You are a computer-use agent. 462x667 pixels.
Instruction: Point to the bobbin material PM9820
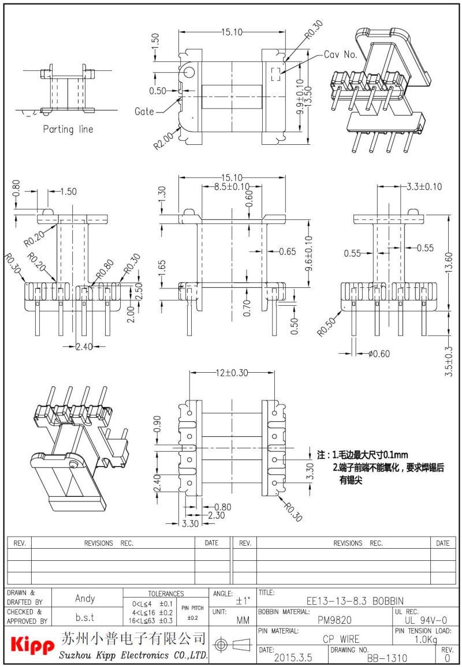tap(334, 620)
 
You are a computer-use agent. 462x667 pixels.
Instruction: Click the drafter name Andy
tap(85, 598)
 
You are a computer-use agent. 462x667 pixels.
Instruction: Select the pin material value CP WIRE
tap(341, 639)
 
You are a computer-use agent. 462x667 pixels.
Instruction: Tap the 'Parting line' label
tap(68, 129)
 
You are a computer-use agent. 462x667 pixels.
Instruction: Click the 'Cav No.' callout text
tap(341, 55)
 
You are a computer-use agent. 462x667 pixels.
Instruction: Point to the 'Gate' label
tap(144, 111)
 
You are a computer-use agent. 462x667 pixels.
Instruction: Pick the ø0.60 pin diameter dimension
tap(379, 354)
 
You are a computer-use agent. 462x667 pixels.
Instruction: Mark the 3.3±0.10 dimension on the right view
tap(424, 186)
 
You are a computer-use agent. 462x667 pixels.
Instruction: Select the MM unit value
tap(243, 620)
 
